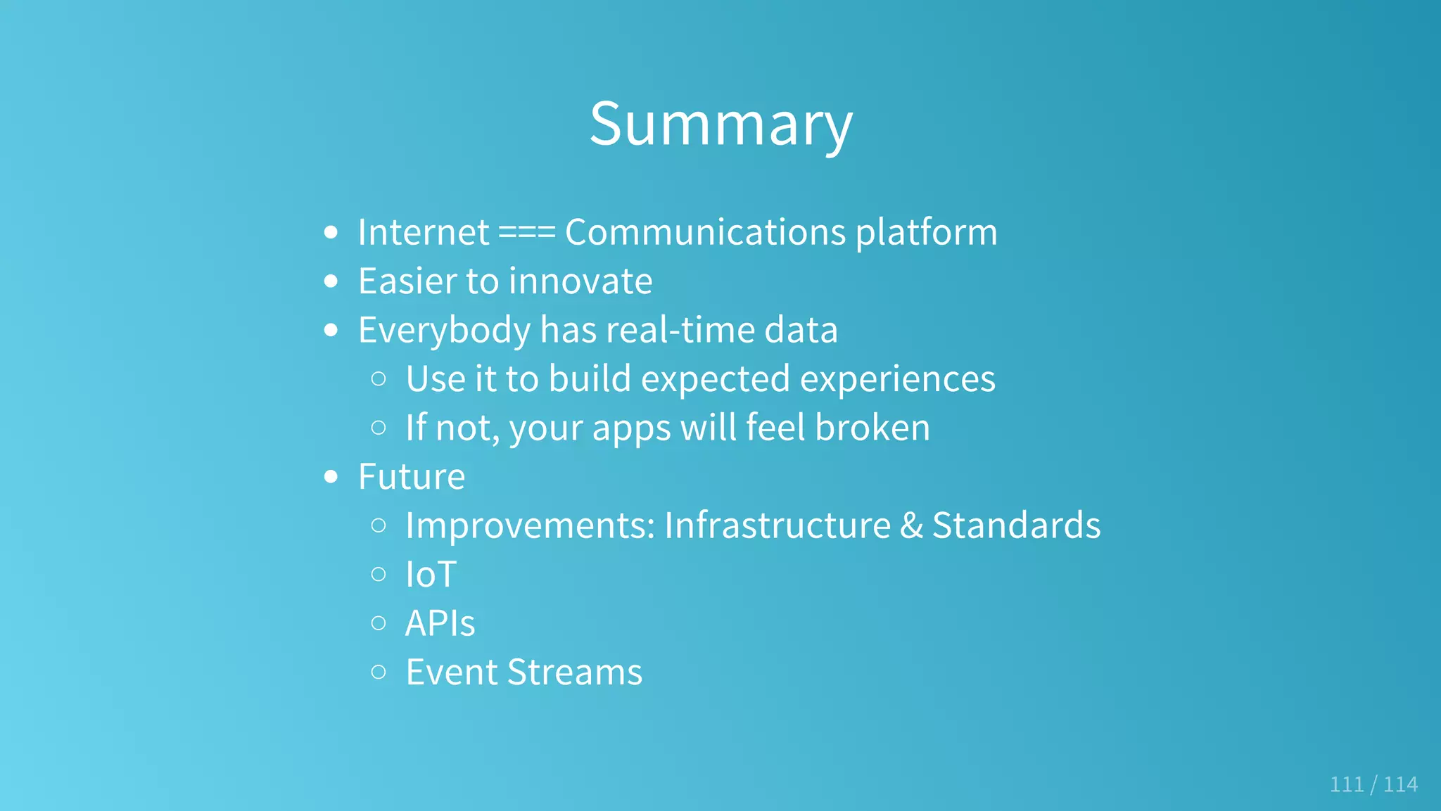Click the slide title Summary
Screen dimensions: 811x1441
[720, 124]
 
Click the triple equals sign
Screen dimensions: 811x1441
[526, 233]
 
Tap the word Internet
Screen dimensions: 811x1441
[423, 232]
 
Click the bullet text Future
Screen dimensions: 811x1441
[412, 477]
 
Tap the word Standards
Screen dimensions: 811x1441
[1016, 525]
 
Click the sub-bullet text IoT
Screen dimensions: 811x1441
[431, 575]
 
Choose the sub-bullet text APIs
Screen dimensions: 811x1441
[440, 623]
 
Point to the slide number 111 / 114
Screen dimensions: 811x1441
[1373, 784]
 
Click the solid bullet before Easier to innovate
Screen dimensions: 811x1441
[331, 281]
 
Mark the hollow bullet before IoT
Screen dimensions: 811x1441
[379, 575]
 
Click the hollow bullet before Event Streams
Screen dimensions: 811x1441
[379, 672]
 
